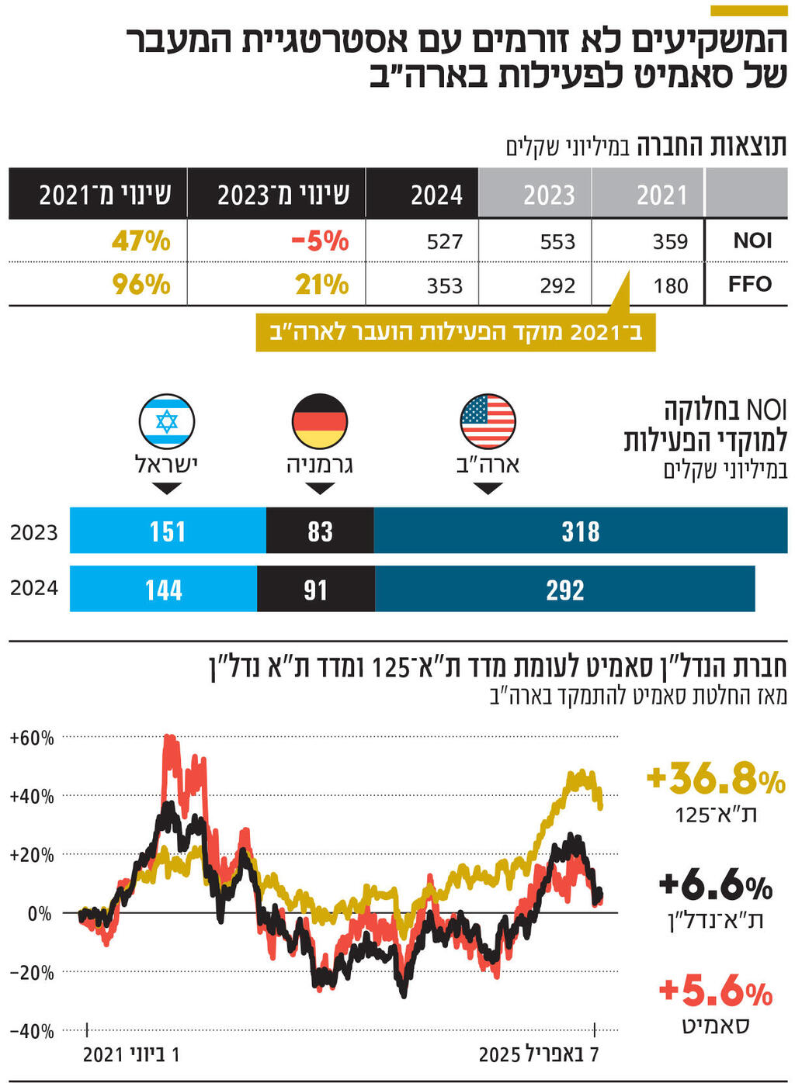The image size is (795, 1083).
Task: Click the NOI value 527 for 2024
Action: coord(444,242)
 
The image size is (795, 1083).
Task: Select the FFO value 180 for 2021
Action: coord(670,286)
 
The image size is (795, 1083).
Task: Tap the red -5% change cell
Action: coord(320,241)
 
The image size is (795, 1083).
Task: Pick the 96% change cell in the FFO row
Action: coord(141,285)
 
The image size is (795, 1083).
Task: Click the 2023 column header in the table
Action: coord(548,195)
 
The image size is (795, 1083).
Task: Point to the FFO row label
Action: coord(749,284)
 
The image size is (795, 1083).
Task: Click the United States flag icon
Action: coord(488,421)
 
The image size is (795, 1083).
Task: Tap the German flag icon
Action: coord(319,421)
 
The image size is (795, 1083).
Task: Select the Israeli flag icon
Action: coord(167,421)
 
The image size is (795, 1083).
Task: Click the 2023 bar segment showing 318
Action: coord(580,531)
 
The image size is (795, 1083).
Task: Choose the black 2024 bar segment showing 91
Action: coord(315,590)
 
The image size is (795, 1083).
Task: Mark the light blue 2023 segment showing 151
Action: coord(168,531)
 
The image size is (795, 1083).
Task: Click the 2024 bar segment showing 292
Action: coord(564,590)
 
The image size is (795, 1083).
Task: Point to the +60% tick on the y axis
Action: coord(32,738)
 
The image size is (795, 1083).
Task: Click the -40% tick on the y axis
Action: coord(32,1031)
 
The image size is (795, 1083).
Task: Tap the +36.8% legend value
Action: coord(715,778)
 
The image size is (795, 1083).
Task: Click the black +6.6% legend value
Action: coord(715,884)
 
